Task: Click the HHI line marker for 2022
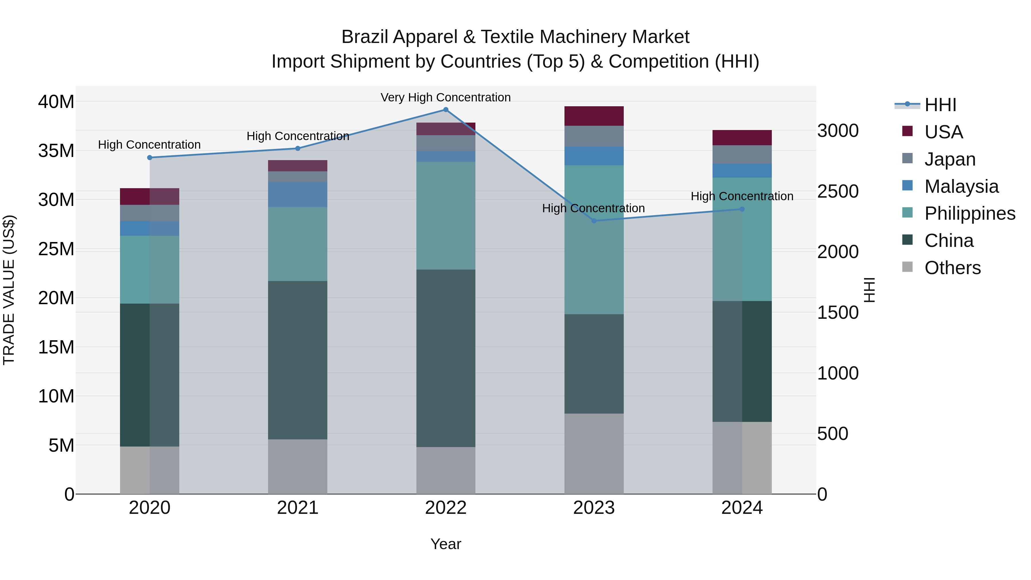445,110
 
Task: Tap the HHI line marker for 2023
594,221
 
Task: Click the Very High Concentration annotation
445,98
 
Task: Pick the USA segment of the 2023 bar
594,116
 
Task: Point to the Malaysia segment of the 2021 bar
297,194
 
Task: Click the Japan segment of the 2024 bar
742,154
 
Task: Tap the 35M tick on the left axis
56,151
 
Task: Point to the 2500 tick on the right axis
838,191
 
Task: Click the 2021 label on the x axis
297,508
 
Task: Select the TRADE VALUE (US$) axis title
9,290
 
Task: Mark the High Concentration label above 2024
742,196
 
